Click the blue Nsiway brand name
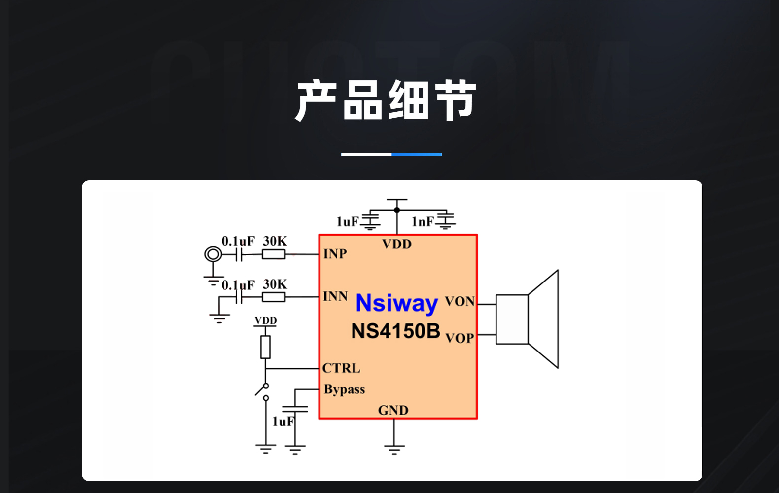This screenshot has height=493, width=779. tap(397, 303)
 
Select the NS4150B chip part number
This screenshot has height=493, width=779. tap(396, 331)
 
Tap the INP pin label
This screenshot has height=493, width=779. tap(335, 254)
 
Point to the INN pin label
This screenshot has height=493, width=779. tap(335, 296)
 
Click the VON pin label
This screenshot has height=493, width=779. tap(460, 301)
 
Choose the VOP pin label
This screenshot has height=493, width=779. tap(460, 338)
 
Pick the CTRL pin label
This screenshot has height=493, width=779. tap(341, 368)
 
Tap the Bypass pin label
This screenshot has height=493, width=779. tap(344, 389)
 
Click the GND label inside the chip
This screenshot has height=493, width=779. tap(393, 410)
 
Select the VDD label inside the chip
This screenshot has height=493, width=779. tap(397, 244)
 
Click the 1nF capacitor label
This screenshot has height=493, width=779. tap(423, 221)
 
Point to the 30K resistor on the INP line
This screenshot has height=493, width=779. tap(274, 254)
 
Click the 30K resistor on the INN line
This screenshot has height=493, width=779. tap(274, 297)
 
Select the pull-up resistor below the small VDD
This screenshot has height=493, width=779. tap(265, 347)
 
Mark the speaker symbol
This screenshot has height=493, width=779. tap(527, 319)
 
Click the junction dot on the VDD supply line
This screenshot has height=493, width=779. tap(397, 210)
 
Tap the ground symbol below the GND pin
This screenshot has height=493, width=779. tap(394, 450)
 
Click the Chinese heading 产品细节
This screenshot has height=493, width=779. tap(386, 101)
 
